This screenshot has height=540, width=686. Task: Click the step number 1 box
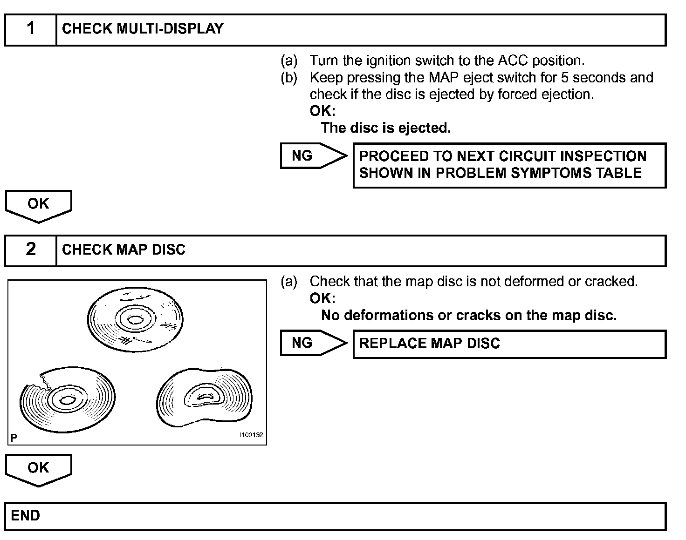click(x=31, y=29)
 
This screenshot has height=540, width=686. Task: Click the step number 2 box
click(x=31, y=250)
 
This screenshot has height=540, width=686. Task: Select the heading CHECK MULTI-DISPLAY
click(x=143, y=29)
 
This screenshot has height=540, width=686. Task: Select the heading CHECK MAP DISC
click(x=123, y=250)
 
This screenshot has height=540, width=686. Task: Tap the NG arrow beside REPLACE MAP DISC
click(x=313, y=343)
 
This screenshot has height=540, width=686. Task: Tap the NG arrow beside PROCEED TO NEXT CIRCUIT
click(x=313, y=156)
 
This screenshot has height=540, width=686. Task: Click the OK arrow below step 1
click(x=38, y=205)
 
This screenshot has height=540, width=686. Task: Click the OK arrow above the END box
click(x=38, y=469)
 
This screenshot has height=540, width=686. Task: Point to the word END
click(x=26, y=516)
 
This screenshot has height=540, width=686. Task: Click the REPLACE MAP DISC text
click(x=429, y=344)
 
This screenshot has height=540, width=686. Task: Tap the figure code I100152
click(x=251, y=435)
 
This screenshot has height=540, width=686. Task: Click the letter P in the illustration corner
click(x=14, y=438)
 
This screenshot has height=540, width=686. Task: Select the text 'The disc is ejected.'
click(x=386, y=128)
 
